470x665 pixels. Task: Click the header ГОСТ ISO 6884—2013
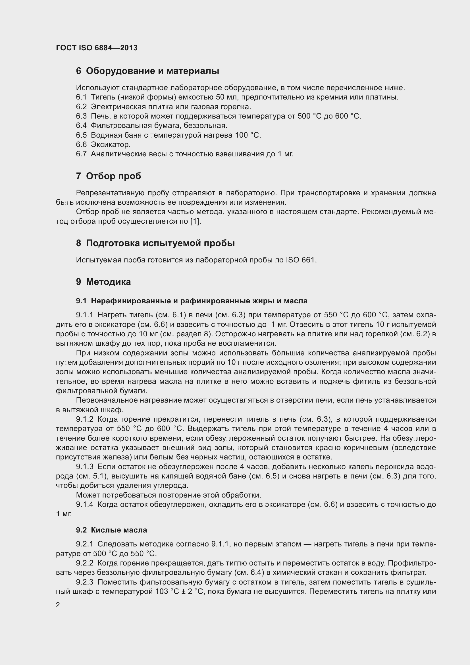tap(97, 48)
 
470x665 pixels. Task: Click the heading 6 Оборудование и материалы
tap(147, 71)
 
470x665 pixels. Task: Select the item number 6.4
tap(81, 125)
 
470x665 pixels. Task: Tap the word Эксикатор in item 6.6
tap(111, 144)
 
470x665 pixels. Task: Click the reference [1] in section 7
tap(195, 221)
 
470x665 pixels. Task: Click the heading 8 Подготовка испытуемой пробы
tap(155, 243)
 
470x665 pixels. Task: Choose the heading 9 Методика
tap(103, 282)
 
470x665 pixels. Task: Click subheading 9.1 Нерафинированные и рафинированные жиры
tap(192, 301)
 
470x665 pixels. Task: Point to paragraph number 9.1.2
tap(84, 419)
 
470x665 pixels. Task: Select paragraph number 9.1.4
tap(84, 505)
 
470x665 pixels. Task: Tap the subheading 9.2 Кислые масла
tap(111, 530)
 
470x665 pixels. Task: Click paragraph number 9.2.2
tap(84, 563)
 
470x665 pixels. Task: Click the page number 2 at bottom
tap(58, 605)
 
